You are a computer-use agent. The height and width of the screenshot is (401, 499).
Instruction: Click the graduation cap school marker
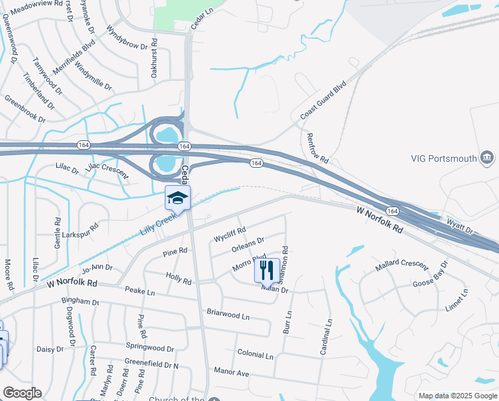pos(177,197)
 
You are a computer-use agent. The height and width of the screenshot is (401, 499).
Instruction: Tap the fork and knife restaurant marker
pos(266,270)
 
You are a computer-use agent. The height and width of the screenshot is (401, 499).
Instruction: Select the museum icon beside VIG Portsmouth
pos(488,158)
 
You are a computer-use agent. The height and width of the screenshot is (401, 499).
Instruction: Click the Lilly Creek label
pos(158,223)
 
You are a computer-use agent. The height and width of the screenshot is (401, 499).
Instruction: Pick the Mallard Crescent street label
pos(401,265)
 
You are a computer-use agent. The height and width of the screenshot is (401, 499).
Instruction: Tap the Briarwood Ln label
pos(228,313)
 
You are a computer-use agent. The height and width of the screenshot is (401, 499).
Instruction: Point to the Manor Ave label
pos(231,372)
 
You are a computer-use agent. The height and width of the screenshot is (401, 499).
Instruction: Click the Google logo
pos(22,393)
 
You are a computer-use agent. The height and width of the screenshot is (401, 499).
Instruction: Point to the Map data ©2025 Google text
pos(458,396)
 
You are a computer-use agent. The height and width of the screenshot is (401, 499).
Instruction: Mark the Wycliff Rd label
pos(229,235)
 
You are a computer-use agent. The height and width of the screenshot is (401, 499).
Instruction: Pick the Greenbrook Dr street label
pos(25,108)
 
